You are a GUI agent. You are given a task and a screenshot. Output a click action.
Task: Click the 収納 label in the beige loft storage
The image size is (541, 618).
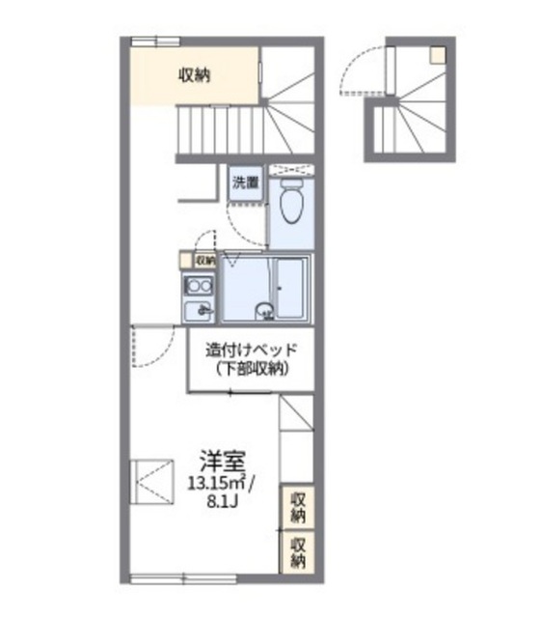pos(195,75)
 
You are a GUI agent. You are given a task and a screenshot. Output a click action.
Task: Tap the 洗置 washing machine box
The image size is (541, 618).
pos(245,183)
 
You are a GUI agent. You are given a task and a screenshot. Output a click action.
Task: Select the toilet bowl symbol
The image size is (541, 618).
pos(292,201)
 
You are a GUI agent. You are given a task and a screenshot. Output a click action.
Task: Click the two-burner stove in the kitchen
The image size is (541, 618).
pos(199,286)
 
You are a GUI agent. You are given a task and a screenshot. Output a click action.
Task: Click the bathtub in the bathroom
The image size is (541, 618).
pos(290,289)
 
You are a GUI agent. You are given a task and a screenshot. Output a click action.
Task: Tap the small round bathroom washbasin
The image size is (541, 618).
pos(264,311)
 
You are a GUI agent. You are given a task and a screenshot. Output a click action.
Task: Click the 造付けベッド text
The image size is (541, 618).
pos(251,350)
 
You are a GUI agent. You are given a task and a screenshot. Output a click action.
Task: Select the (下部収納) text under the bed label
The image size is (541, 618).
pos(252,369)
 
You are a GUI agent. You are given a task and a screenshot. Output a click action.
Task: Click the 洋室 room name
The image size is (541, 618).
pos(223,461)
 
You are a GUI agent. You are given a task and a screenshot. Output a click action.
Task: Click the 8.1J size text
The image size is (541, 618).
pos(223,501)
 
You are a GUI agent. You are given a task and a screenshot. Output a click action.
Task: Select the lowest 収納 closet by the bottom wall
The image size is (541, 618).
pos(297,551)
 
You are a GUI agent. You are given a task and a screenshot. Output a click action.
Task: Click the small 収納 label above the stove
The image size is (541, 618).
pos(205,261)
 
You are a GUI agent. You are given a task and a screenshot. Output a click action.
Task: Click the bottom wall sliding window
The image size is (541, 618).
pos(183,579)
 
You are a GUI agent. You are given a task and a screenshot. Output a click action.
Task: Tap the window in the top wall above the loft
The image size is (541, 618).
pos(155,42)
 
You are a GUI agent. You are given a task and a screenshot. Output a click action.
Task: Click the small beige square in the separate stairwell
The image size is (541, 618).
pos(438,56)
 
